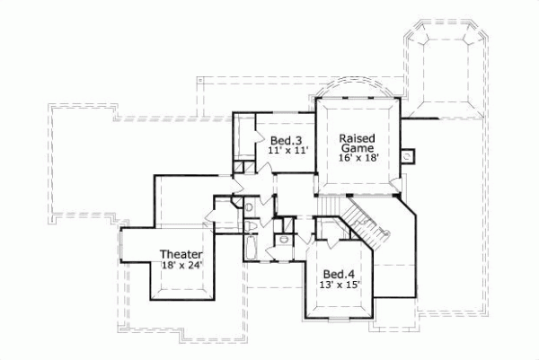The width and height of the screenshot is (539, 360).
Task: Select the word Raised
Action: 358,138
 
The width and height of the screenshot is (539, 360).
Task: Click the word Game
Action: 357,148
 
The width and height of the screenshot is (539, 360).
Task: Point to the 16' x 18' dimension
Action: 358,158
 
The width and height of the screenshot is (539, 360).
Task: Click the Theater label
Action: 181,254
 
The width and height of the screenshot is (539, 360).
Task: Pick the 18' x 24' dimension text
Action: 181,265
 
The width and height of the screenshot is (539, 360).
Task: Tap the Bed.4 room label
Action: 338,274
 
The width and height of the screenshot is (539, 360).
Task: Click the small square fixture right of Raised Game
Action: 408,154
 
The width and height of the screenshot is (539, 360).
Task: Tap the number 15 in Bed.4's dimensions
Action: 352,285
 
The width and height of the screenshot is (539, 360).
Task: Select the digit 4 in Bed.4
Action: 350,274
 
